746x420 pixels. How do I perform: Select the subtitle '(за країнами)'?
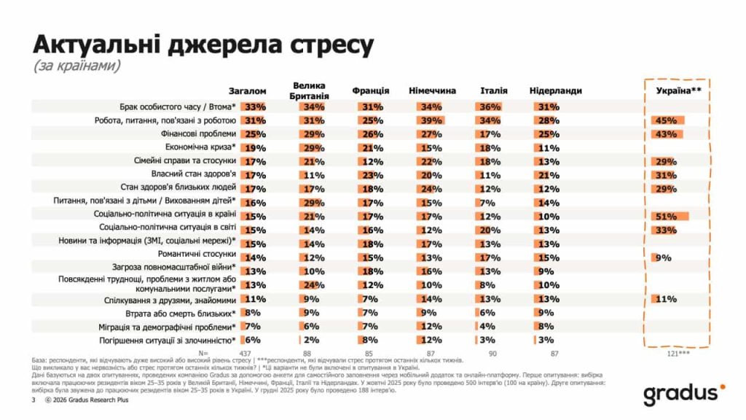[76, 66]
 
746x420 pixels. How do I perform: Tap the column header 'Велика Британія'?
[310, 90]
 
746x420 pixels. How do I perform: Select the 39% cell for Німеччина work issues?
[431, 120]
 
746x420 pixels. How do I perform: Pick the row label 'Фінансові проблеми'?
[198, 133]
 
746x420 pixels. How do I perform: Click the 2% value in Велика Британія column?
[311, 340]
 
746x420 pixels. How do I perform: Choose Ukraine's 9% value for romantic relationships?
[663, 257]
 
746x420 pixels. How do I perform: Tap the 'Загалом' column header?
[248, 91]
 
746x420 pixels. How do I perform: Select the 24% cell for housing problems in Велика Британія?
[311, 284]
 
